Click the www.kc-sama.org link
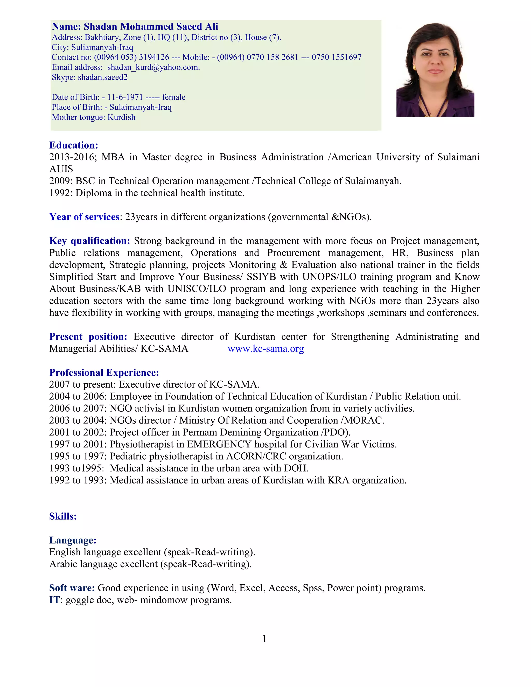[x=265, y=348]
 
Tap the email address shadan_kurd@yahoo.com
[x=153, y=67]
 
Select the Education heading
[x=74, y=145]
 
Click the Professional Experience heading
[x=104, y=373]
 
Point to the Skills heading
[x=63, y=516]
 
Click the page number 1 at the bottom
[x=264, y=638]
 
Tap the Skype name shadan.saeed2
[x=103, y=77]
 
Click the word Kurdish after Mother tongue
[x=121, y=117]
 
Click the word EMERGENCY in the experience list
[x=219, y=444]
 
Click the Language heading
[x=73, y=540]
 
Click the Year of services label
[x=84, y=217]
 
